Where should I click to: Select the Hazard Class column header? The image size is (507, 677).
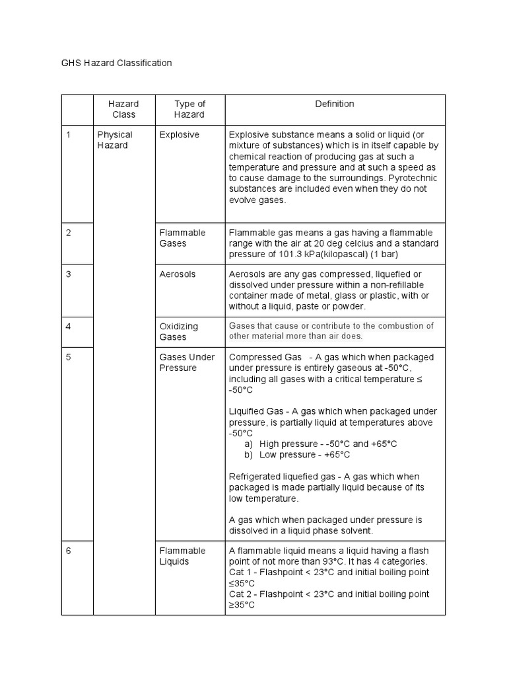(123, 109)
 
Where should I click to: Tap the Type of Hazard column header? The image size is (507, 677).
(189, 109)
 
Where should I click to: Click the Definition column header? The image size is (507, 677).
(335, 104)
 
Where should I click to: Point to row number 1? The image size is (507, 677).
(68, 135)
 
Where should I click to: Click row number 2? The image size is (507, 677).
(68, 233)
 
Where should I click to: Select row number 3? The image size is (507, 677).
(68, 274)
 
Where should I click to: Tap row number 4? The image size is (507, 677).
(68, 326)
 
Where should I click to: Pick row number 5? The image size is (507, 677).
(68, 357)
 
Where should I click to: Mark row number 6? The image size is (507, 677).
(68, 551)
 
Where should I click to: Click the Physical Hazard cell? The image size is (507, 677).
(115, 140)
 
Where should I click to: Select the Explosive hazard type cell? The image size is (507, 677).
(180, 135)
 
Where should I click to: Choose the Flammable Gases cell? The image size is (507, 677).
(183, 238)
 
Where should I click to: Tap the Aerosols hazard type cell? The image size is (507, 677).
(178, 274)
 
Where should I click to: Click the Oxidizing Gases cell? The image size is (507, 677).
(179, 331)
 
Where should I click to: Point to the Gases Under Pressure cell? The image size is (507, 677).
(187, 362)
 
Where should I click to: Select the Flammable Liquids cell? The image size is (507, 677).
(183, 556)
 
